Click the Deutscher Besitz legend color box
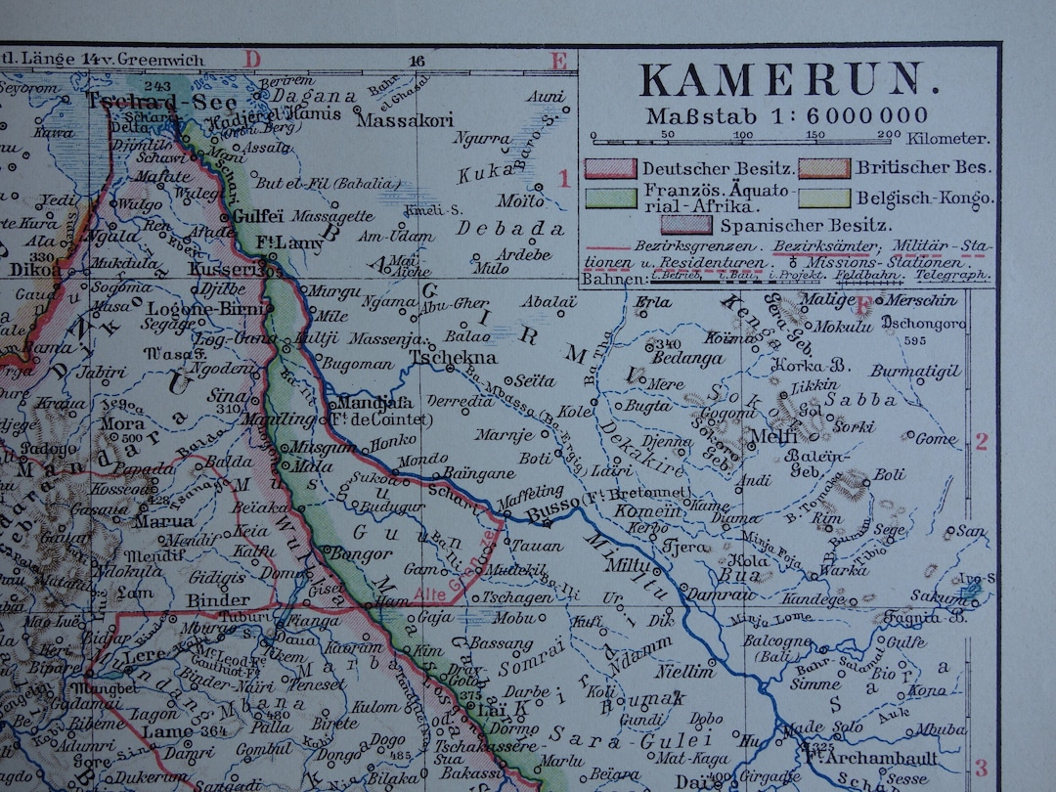[610, 167]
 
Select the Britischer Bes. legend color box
[823, 167]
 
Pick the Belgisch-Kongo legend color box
[823, 198]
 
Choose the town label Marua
[163, 521]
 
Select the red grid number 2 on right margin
[982, 442]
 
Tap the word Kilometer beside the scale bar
[948, 140]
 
